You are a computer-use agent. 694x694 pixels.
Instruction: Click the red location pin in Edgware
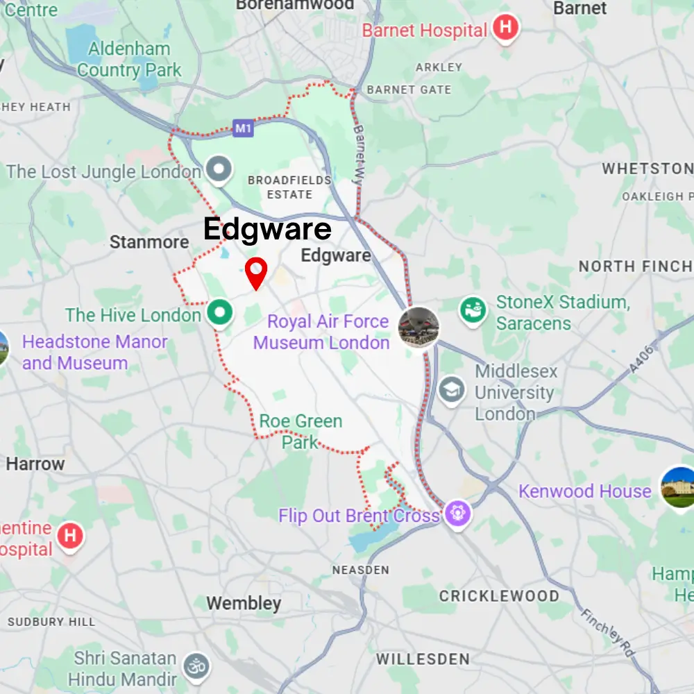pos(257,271)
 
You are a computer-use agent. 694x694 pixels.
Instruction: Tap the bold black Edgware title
pos(267,229)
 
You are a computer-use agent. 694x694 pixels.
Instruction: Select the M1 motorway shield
pos(243,128)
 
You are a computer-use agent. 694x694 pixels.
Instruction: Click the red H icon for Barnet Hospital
pos(505,29)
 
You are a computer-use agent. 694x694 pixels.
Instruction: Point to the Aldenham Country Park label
pos(129,59)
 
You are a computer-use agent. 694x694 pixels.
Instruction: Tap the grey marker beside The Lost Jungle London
pos(219,169)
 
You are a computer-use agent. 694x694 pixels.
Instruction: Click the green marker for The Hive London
pos(220,313)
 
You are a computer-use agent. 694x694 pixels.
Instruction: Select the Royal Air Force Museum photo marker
pos(418,327)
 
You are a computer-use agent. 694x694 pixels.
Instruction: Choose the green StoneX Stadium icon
pos(474,307)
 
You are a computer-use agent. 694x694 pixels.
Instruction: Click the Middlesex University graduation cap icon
pos(452,390)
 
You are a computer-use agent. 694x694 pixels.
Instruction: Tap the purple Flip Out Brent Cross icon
pos(458,514)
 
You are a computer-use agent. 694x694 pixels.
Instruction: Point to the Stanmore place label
pos(149,242)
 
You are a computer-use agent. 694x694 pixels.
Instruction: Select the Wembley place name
pos(244,603)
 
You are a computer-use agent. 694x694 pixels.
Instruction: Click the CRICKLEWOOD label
pos(499,596)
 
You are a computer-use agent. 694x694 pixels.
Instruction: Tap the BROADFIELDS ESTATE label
pos(289,187)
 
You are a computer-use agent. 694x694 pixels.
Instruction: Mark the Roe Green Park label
pos(301,431)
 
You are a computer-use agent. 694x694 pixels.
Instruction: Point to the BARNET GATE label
pos(409,90)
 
